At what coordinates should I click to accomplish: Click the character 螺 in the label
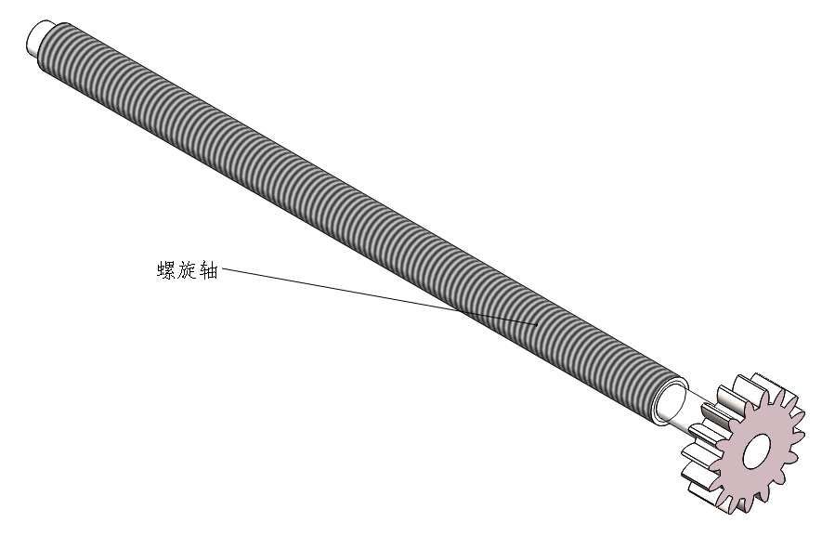coord(167,271)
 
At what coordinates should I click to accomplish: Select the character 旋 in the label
coord(188,271)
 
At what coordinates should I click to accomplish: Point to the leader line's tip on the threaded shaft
coord(538,324)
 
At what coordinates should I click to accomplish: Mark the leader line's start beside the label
coord(224,271)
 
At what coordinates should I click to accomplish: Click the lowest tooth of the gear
coord(739,505)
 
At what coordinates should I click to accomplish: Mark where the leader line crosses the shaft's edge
coord(461,311)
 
